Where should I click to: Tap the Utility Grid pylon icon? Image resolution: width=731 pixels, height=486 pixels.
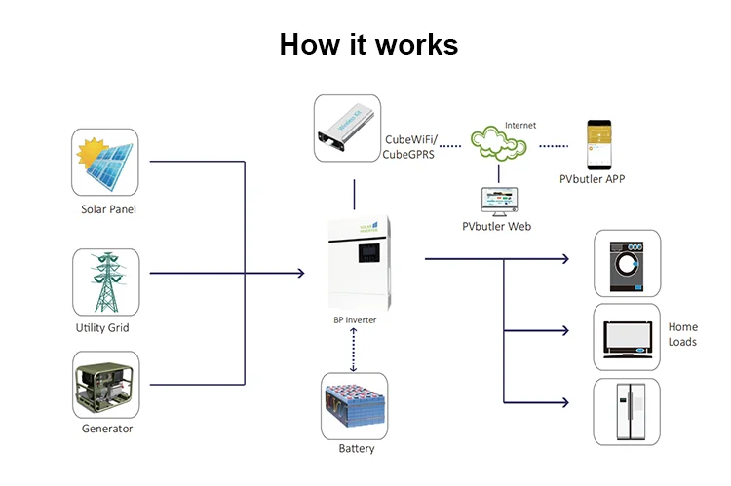(x=105, y=281)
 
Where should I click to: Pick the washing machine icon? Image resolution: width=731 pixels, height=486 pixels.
(x=627, y=263)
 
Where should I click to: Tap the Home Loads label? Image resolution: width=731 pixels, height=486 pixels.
(x=682, y=334)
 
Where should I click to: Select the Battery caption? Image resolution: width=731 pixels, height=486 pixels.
(x=356, y=449)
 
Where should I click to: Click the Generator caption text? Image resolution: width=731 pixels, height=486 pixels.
(x=107, y=429)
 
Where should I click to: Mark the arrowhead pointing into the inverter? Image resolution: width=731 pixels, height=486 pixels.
(x=300, y=274)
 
